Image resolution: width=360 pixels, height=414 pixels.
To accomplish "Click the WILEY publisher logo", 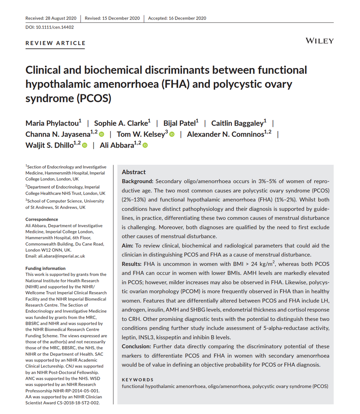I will coord(319,41).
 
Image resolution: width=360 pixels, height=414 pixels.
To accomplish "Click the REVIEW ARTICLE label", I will coord(55,43).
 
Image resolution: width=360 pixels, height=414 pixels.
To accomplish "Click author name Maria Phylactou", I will coord(53,123).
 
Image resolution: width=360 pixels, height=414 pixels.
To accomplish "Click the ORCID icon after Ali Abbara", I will coord(145,145).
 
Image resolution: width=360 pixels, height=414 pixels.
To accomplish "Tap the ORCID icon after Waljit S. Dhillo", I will coord(85,145).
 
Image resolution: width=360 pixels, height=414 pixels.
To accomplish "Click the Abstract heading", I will coord(134,172).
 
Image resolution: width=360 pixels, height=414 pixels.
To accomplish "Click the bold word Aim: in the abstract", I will coord(128,246).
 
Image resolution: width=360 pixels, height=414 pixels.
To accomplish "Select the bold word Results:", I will coord(134,264).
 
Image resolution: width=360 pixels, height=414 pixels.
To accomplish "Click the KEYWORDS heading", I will coord(138,379).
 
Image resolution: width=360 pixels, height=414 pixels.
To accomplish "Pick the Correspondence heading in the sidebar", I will coord(41,219).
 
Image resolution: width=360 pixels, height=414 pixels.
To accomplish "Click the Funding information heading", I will coord(45,268).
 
